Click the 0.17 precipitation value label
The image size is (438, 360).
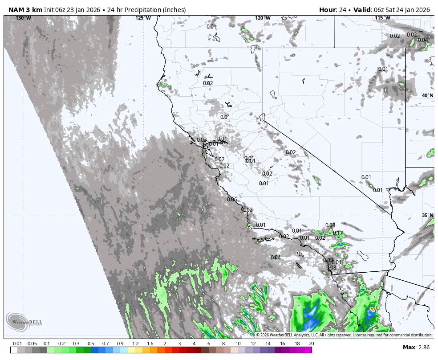(338, 233)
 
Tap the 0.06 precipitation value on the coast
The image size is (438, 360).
(232, 200)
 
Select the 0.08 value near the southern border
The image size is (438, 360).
(331, 268)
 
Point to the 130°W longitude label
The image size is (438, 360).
(23, 18)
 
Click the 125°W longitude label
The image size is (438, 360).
(143, 18)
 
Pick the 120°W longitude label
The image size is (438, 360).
(263, 18)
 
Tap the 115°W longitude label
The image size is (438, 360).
(382, 18)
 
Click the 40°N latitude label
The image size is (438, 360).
(427, 96)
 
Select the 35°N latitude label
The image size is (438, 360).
(427, 216)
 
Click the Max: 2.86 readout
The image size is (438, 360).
(416, 347)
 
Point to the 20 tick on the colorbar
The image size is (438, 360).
(311, 344)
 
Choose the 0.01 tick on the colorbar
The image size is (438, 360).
(18, 344)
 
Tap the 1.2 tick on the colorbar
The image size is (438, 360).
(135, 344)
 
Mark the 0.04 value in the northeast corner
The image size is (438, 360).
(422, 40)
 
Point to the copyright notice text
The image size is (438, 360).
(344, 335)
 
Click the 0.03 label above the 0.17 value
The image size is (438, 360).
(330, 225)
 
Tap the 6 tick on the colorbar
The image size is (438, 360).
(208, 344)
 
